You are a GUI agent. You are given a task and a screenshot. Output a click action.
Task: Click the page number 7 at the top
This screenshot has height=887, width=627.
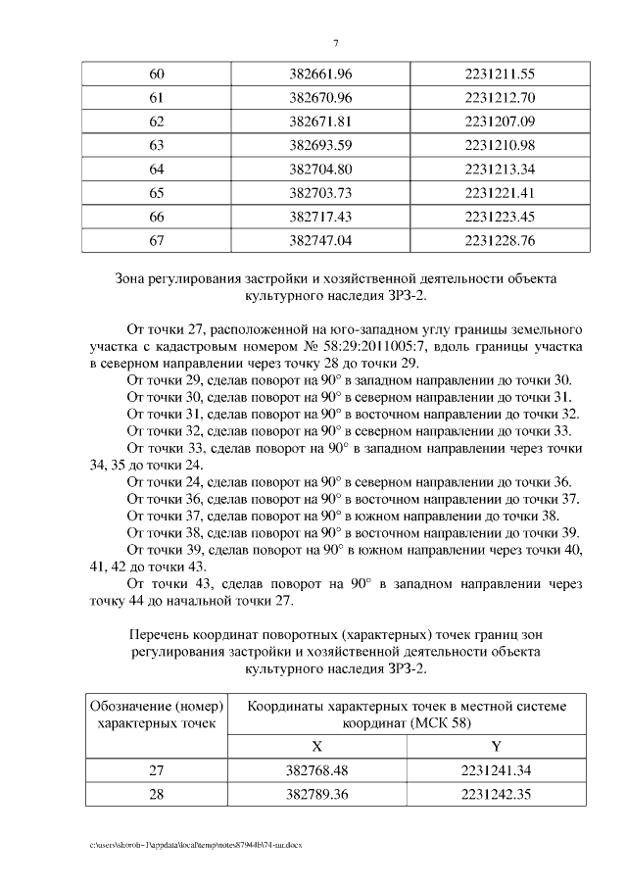(336, 44)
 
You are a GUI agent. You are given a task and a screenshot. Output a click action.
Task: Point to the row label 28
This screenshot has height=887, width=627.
(157, 794)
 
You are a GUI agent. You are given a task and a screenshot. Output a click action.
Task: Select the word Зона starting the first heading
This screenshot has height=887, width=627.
(134, 279)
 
